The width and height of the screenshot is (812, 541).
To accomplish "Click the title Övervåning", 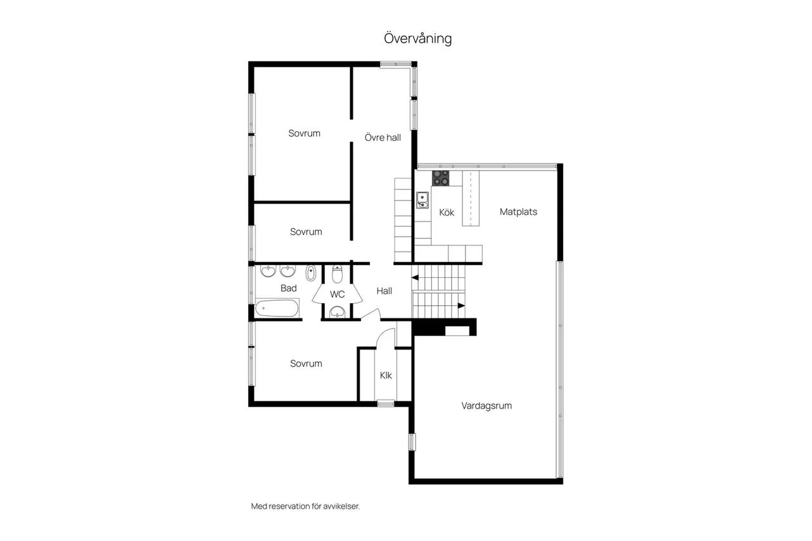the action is (417, 39).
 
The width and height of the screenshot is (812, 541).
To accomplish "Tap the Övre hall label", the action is (383, 138).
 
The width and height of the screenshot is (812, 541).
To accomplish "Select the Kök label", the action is (447, 212).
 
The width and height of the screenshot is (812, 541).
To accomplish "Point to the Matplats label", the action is (518, 212).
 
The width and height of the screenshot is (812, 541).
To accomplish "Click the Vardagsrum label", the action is (487, 405).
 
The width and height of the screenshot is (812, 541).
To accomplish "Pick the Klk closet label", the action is (386, 375).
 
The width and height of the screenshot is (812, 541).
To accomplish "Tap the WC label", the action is (337, 294).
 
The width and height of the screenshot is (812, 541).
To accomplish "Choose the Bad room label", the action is (289, 288).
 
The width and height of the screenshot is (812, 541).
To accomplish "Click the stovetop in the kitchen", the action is (440, 178).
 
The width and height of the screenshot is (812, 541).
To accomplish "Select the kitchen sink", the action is (422, 200).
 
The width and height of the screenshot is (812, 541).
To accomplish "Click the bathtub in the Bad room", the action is (277, 308).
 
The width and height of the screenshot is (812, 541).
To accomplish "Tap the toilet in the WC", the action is (337, 274).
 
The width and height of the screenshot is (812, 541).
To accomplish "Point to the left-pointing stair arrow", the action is (415, 278).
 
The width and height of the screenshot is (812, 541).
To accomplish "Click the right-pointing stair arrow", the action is (461, 306).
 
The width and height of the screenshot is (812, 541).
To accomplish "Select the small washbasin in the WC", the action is (337, 311).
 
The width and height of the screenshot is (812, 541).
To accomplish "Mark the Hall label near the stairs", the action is (384, 291).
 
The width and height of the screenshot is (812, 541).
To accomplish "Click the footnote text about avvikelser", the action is (305, 506).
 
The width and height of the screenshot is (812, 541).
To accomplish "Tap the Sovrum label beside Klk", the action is (306, 363).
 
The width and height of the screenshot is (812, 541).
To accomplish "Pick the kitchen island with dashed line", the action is (471, 199).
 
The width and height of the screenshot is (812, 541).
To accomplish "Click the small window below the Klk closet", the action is (386, 403).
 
